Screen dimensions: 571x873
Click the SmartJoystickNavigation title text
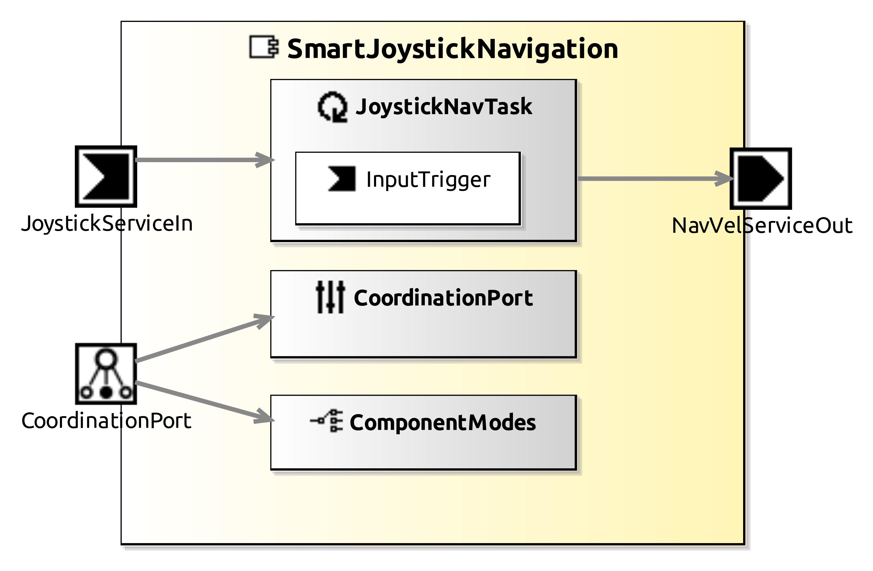452,49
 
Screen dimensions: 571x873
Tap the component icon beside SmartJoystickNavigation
263,47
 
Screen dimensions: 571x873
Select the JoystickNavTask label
444,107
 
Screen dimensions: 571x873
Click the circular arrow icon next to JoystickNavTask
332,107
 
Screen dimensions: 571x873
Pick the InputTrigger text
428,180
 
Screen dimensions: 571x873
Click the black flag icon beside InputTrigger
342,179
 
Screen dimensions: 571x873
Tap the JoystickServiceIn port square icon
106,176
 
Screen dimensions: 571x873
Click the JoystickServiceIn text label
107,223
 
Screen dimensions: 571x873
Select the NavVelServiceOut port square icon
761,179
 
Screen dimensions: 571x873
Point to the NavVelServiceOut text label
762,226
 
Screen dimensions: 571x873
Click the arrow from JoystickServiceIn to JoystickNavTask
202,160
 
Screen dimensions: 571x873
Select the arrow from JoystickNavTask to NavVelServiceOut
653,179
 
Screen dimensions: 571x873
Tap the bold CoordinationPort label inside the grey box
443,298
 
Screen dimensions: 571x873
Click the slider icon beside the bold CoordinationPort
330,297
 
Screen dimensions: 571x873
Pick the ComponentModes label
442,422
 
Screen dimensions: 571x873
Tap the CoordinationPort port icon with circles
106,374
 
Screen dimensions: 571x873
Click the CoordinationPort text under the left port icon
106,421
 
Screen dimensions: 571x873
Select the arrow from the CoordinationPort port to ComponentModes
202,401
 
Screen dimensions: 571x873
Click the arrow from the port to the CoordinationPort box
202,339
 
